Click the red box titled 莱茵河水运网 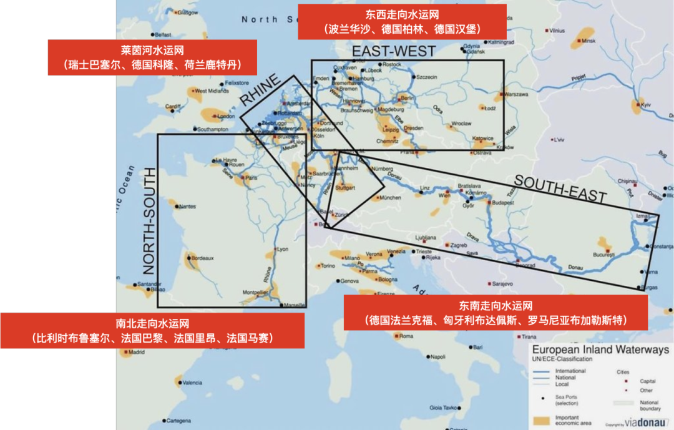152,57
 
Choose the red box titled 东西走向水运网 401,21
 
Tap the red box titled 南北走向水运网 152,330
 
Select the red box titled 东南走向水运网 496,313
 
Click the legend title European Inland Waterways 600,350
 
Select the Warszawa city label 516,94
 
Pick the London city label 225,116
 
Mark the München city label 390,198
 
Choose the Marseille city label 295,305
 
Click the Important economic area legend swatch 540,420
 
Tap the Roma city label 406,336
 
